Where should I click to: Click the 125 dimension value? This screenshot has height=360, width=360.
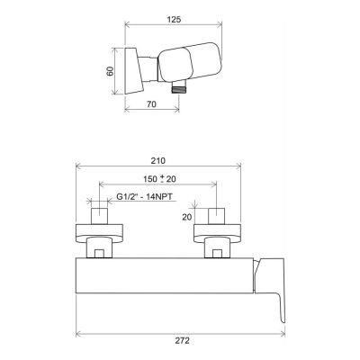pyautogui.click(x=174, y=20)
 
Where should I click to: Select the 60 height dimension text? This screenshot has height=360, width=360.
pyautogui.click(x=111, y=71)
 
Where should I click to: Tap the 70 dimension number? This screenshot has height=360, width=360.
pyautogui.click(x=151, y=104)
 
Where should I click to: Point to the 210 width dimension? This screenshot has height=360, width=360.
pyautogui.click(x=158, y=161)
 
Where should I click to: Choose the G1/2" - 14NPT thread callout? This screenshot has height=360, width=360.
pyautogui.click(x=144, y=197)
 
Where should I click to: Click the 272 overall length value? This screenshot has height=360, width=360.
pyautogui.click(x=183, y=341)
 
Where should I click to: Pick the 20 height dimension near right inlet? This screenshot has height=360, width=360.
pyautogui.click(x=187, y=217)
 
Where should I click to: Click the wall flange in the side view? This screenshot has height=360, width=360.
pyautogui.click(x=133, y=71)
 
